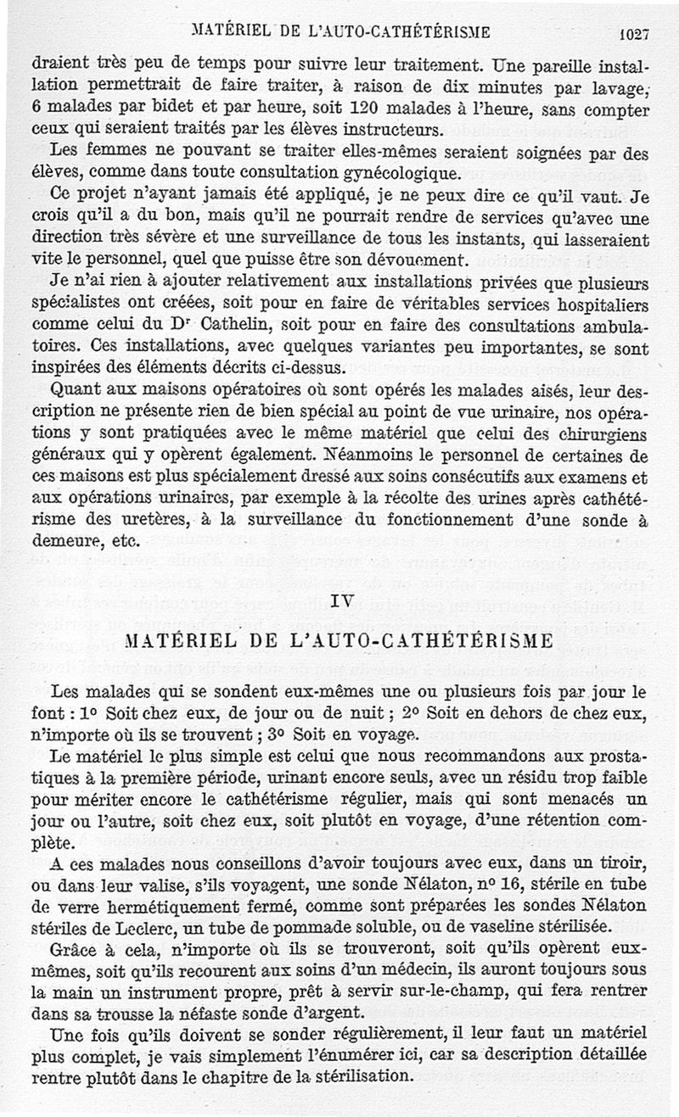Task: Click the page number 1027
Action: coord(634,35)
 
